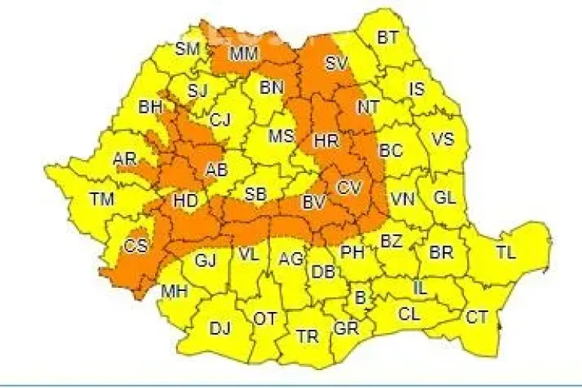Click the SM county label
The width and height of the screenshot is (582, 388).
[x=187, y=48]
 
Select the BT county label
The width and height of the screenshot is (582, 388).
[x=387, y=36]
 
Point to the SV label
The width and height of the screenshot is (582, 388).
[x=336, y=64]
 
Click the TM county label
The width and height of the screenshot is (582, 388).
[x=102, y=199]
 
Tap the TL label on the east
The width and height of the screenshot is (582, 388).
[x=505, y=252]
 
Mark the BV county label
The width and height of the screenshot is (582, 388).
[x=313, y=203]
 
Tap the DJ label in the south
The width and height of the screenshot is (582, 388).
[x=220, y=328]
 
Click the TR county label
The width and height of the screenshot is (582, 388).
[x=307, y=337]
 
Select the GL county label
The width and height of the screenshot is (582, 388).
[x=444, y=197]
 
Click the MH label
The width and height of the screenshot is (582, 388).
[x=173, y=293]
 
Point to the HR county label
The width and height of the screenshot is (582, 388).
[x=324, y=141]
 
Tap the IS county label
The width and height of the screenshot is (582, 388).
[x=417, y=89]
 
